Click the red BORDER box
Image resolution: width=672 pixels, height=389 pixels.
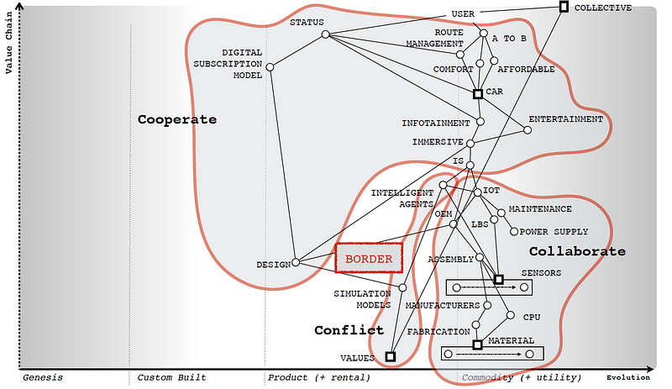(369, 259)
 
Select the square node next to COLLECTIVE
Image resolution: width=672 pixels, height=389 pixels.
(564, 8)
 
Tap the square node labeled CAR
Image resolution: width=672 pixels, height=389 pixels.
(477, 94)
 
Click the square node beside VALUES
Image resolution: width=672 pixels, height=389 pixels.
(391, 356)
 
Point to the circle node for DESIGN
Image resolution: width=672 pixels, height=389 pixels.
(295, 262)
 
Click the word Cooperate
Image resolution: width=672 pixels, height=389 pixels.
(176, 119)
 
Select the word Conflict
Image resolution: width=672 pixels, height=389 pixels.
(349, 330)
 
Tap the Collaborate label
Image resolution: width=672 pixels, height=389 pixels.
(577, 251)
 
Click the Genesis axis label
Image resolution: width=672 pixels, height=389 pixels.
(43, 378)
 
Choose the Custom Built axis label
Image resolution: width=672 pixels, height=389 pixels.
(171, 378)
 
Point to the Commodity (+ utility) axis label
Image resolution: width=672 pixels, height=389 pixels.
(521, 378)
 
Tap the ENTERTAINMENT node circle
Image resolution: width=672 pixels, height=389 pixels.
(528, 129)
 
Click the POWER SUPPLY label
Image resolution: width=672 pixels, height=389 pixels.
(554, 232)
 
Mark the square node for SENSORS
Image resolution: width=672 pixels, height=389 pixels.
(498, 279)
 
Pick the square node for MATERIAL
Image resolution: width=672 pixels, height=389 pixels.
(477, 344)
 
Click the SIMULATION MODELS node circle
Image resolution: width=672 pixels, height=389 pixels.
(402, 287)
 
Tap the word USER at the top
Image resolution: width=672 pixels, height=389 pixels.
(463, 14)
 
